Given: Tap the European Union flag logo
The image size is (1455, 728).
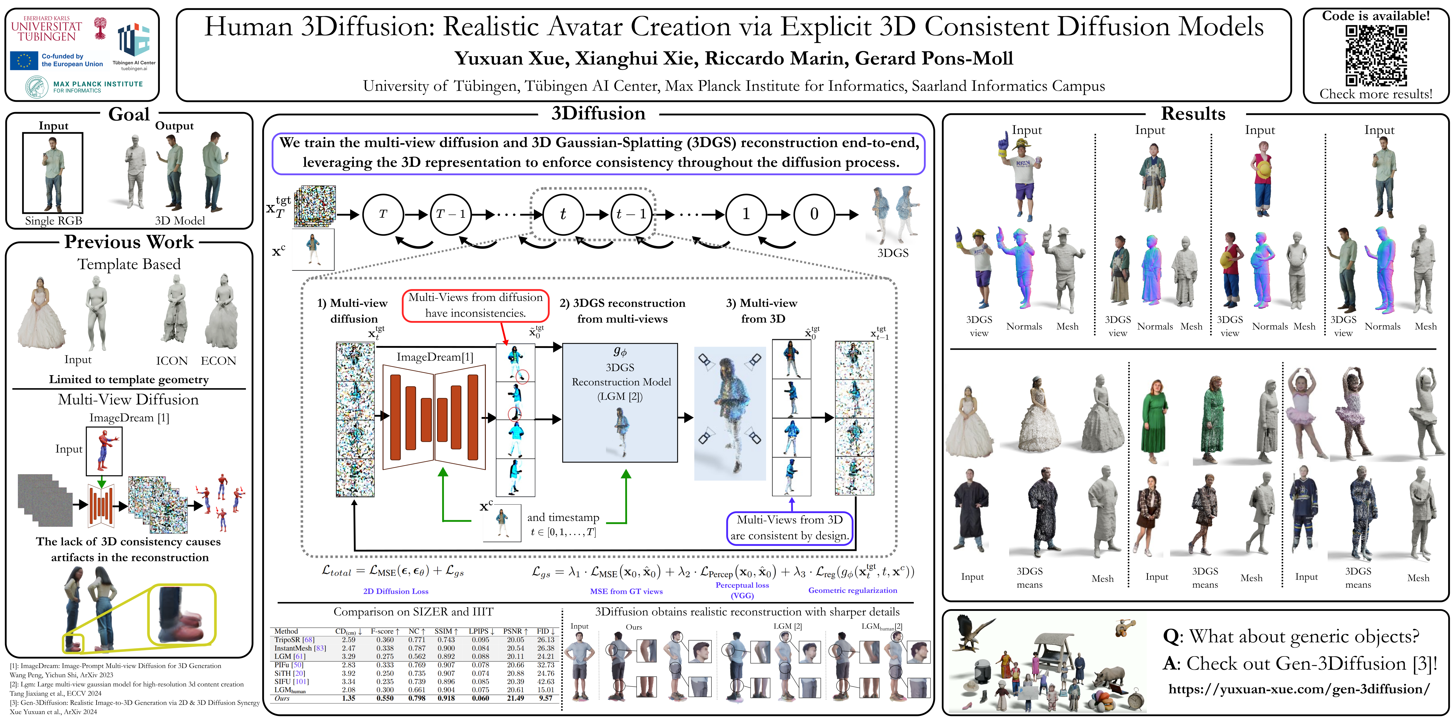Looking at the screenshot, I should point(24,60).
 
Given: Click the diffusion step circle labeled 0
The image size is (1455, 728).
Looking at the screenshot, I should point(814,214).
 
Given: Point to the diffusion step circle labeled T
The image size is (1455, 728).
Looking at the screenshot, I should point(383,214).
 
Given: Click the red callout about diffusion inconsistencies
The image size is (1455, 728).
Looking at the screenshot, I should point(476,305).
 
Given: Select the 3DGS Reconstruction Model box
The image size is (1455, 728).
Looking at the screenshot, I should point(620,402).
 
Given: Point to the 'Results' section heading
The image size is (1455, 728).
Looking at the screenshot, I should point(1193,114).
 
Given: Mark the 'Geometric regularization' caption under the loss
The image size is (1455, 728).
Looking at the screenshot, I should point(852,590).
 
